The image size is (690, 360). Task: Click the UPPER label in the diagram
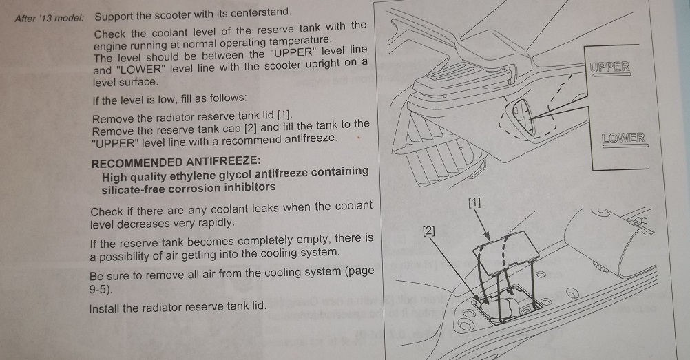pyautogui.click(x=609, y=67)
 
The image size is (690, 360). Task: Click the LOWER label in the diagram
pyautogui.click(x=623, y=138)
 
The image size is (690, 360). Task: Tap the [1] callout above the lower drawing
pyautogui.click(x=474, y=202)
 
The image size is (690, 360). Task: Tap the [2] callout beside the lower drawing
pyautogui.click(x=428, y=231)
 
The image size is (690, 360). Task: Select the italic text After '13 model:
pyautogui.click(x=49, y=18)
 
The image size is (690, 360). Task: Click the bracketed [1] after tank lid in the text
pyautogui.click(x=284, y=116)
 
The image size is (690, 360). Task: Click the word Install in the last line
pyautogui.click(x=104, y=308)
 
